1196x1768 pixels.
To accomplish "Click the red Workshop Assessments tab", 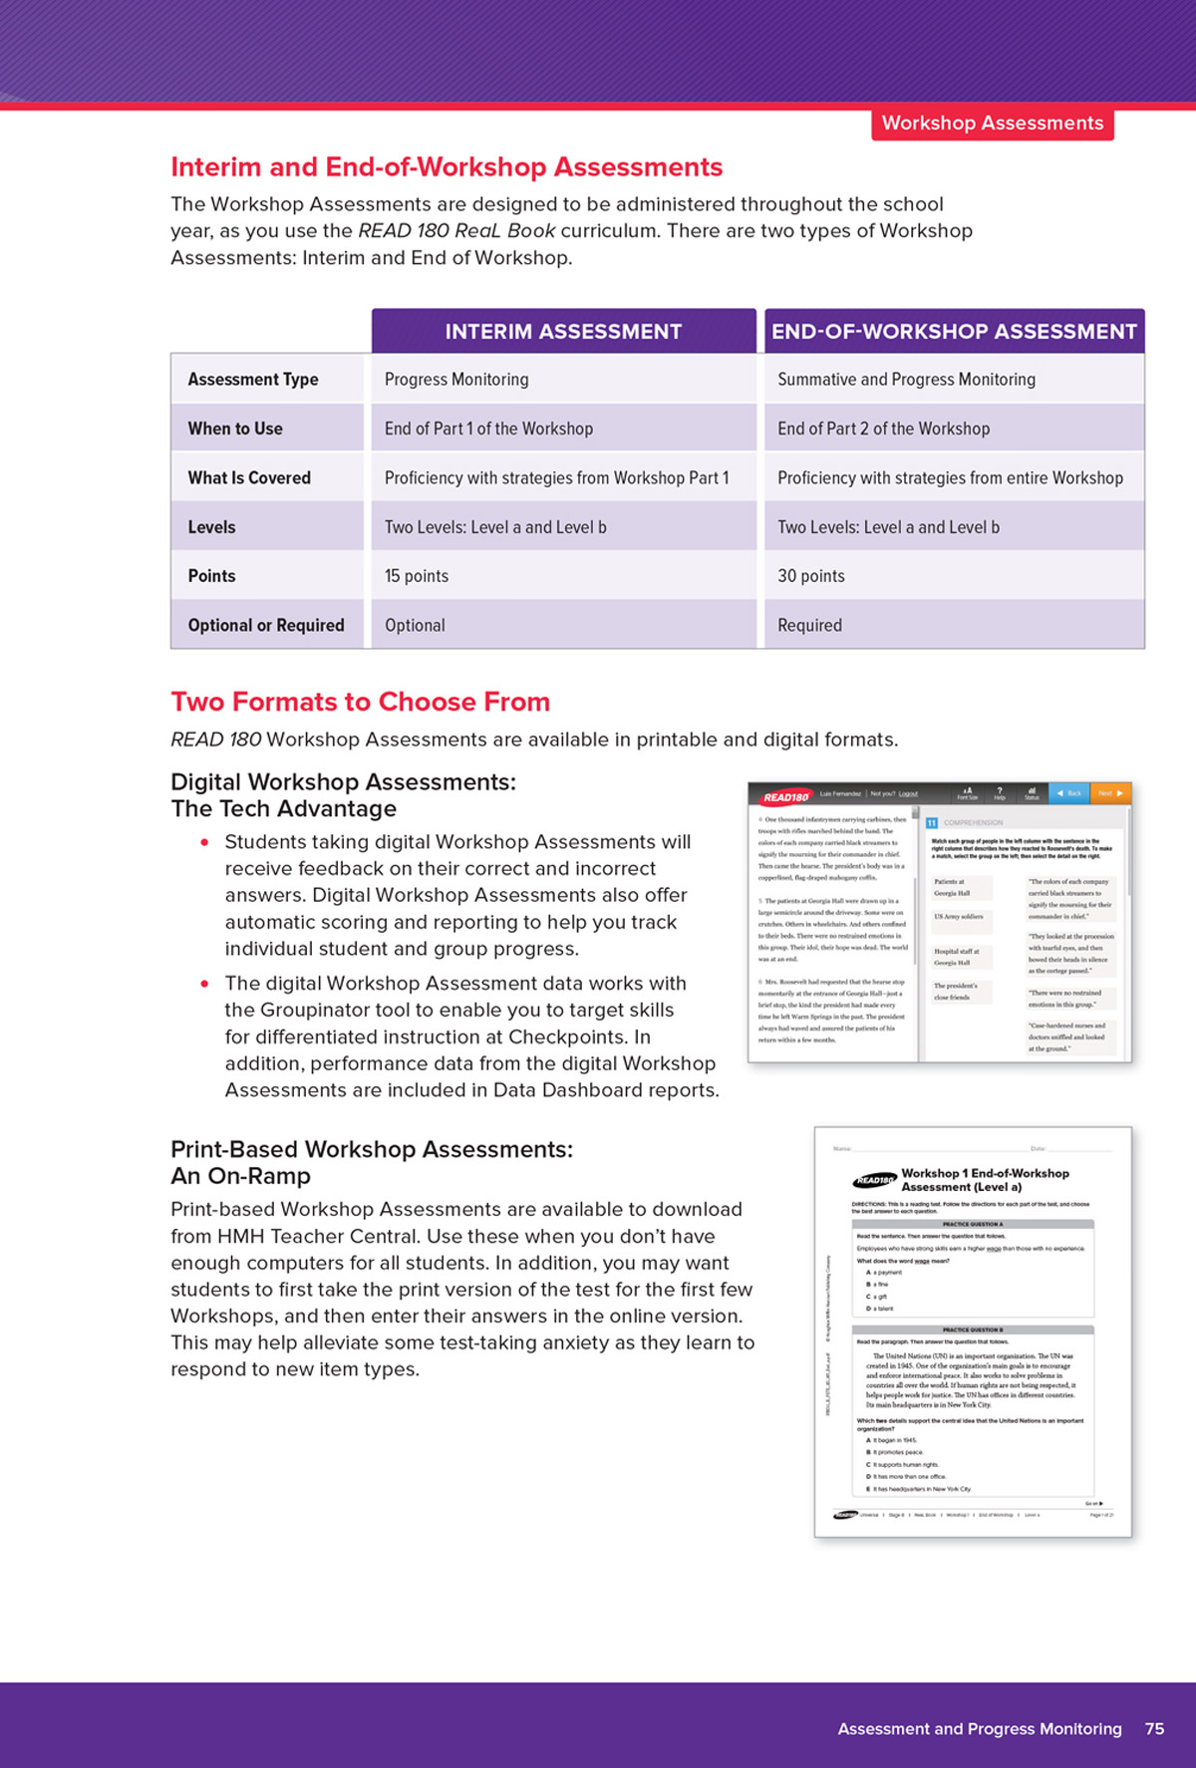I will point(992,124).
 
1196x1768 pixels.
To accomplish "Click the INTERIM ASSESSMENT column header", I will point(563,332).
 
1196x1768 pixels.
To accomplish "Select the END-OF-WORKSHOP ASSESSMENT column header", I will point(954,332).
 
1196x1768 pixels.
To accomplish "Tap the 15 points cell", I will point(417,576).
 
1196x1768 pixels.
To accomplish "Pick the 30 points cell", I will point(810,576).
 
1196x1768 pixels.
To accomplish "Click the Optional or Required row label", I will point(266,625).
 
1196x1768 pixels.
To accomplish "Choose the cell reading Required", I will point(809,625).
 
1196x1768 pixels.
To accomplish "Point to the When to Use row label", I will point(235,429).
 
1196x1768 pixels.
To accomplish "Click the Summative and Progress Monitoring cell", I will point(906,380).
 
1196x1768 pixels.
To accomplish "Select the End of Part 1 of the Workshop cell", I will point(488,429).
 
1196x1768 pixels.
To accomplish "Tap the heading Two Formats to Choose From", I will point(360,702).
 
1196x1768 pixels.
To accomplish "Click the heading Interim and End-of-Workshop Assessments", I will point(447,166).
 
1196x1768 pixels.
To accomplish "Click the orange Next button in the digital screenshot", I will point(1109,793).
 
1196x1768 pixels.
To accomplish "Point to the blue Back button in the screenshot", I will point(1069,793).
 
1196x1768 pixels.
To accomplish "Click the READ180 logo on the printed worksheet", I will point(874,1180).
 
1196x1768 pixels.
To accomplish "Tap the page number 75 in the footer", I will point(1154,1729).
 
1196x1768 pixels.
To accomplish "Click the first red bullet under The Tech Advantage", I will point(204,842).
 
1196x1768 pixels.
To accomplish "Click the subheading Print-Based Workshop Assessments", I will point(372,1149).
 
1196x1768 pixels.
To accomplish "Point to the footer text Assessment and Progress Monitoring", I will point(979,1729).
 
